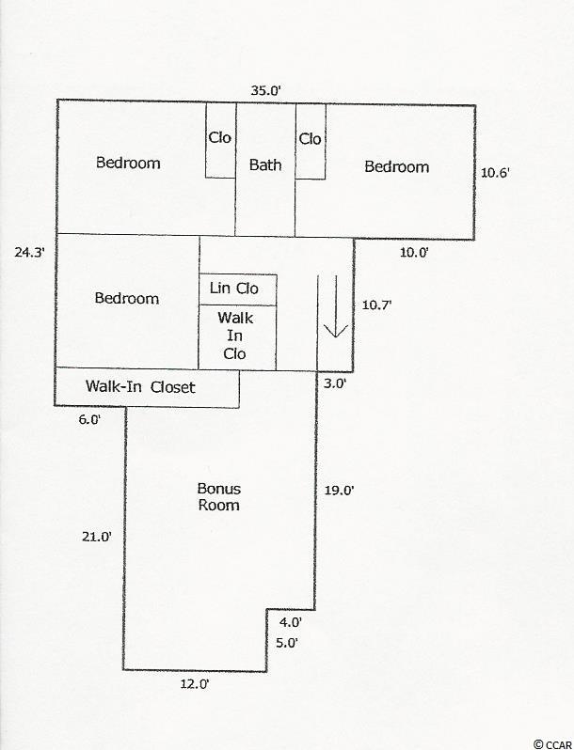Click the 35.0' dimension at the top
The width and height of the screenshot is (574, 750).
coord(264,90)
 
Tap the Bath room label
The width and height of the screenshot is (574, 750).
coord(265,165)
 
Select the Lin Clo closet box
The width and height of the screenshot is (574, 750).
coord(238,289)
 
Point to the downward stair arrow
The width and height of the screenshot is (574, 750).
coord(336,306)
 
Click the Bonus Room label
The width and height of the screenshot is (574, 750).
coord(219,497)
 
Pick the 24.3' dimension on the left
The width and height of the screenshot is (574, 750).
coord(29,252)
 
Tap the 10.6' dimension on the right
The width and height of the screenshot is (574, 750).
coord(495,173)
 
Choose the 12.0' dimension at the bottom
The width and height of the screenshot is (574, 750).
coord(195,684)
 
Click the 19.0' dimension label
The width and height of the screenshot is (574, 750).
coord(339,491)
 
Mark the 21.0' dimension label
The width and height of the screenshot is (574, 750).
coord(97,537)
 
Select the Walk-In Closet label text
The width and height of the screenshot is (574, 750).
coord(140,386)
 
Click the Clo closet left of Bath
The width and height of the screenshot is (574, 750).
coord(221,141)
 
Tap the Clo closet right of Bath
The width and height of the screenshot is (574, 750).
coord(311,142)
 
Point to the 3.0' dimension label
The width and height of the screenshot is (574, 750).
coord(335,383)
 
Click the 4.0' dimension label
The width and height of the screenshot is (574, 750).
coord(291,622)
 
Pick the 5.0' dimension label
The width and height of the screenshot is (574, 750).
coord(287,643)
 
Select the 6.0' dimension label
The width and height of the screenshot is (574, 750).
coord(90,419)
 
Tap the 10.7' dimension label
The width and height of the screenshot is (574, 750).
coord(376,305)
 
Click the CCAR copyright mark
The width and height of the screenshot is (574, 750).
coord(553,744)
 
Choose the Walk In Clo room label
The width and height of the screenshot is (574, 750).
coord(235,336)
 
